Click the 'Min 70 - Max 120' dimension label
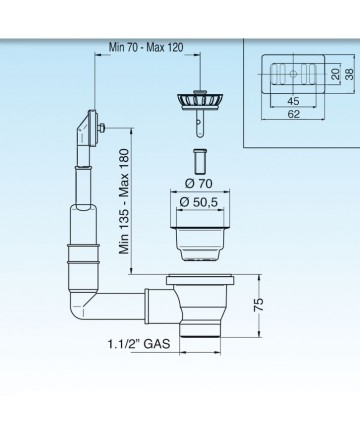(x=146, y=47)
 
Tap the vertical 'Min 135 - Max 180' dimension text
(x=124, y=202)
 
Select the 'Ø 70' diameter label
(x=199, y=183)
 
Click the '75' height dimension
(x=259, y=304)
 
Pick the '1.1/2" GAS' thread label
(x=139, y=344)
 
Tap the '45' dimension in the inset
(x=293, y=101)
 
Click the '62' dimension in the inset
(x=293, y=114)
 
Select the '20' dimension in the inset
(x=336, y=74)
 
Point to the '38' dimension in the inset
(x=349, y=74)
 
